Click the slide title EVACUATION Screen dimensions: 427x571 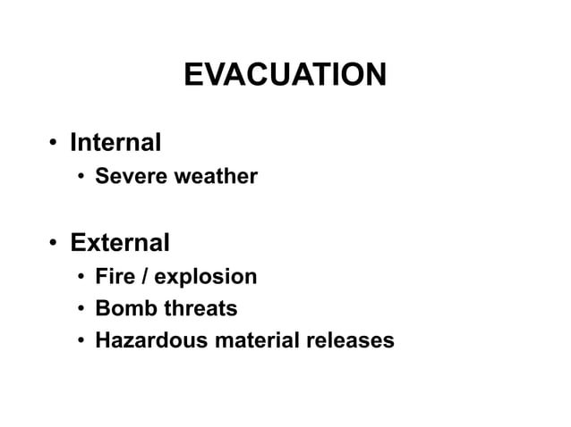285,75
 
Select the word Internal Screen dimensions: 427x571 115,142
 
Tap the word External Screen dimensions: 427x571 120,243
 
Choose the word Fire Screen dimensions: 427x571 115,277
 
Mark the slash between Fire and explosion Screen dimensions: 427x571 143,277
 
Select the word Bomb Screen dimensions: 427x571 122,309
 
